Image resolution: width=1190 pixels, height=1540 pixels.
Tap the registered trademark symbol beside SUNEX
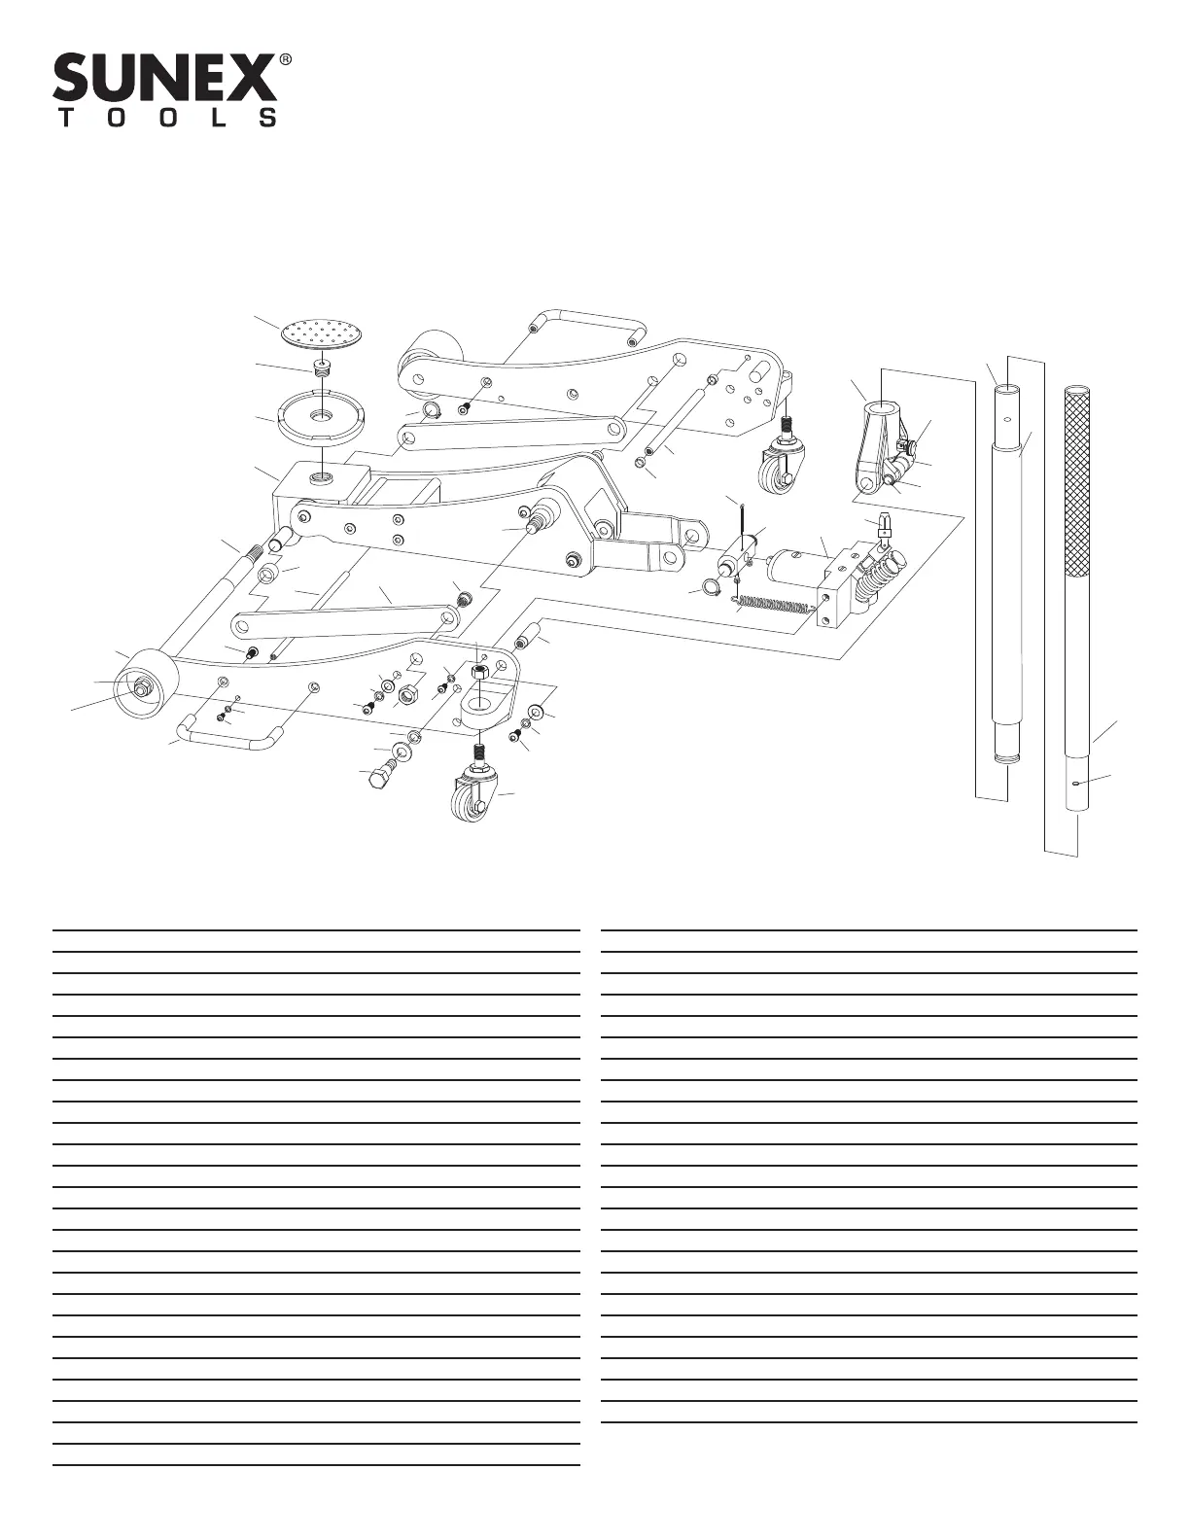[x=286, y=59]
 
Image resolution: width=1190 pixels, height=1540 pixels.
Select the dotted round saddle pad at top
[x=324, y=333]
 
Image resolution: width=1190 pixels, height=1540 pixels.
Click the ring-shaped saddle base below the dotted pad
[x=320, y=415]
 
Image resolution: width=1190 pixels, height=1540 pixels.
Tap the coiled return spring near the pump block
[x=773, y=609]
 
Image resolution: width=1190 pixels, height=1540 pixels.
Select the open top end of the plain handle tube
[x=1006, y=390]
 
